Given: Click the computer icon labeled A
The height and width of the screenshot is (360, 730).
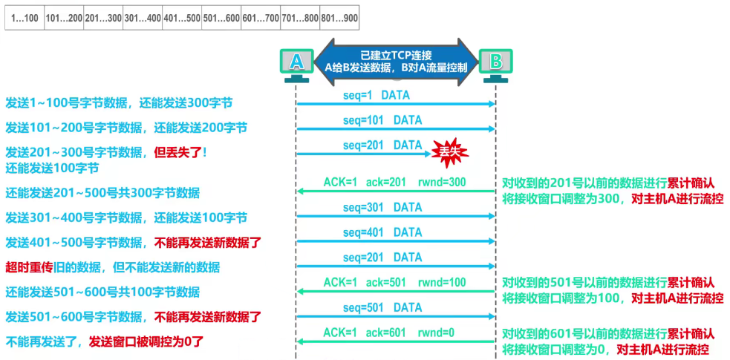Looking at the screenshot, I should pyautogui.click(x=296, y=64).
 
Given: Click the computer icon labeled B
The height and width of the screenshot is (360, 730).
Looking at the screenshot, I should pyautogui.click(x=495, y=64).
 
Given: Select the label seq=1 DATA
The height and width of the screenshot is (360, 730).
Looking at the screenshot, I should pyautogui.click(x=376, y=95).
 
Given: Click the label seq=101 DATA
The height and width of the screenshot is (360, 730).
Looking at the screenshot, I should pyautogui.click(x=382, y=120).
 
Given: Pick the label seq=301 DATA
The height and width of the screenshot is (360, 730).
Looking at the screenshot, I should pyautogui.click(x=382, y=207).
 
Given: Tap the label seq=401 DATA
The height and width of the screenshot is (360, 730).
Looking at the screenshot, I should pyautogui.click(x=382, y=232).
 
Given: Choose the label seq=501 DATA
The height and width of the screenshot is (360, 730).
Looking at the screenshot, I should pyautogui.click(x=382, y=307).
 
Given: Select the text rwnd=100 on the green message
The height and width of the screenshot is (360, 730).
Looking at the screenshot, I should pyautogui.click(x=443, y=282).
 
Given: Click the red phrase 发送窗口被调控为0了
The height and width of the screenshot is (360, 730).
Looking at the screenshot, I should pyautogui.click(x=146, y=342).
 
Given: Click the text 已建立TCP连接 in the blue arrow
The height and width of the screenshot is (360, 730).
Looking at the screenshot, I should pyautogui.click(x=396, y=54).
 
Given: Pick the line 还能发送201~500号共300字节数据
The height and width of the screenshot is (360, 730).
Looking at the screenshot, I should pyautogui.click(x=102, y=193).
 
